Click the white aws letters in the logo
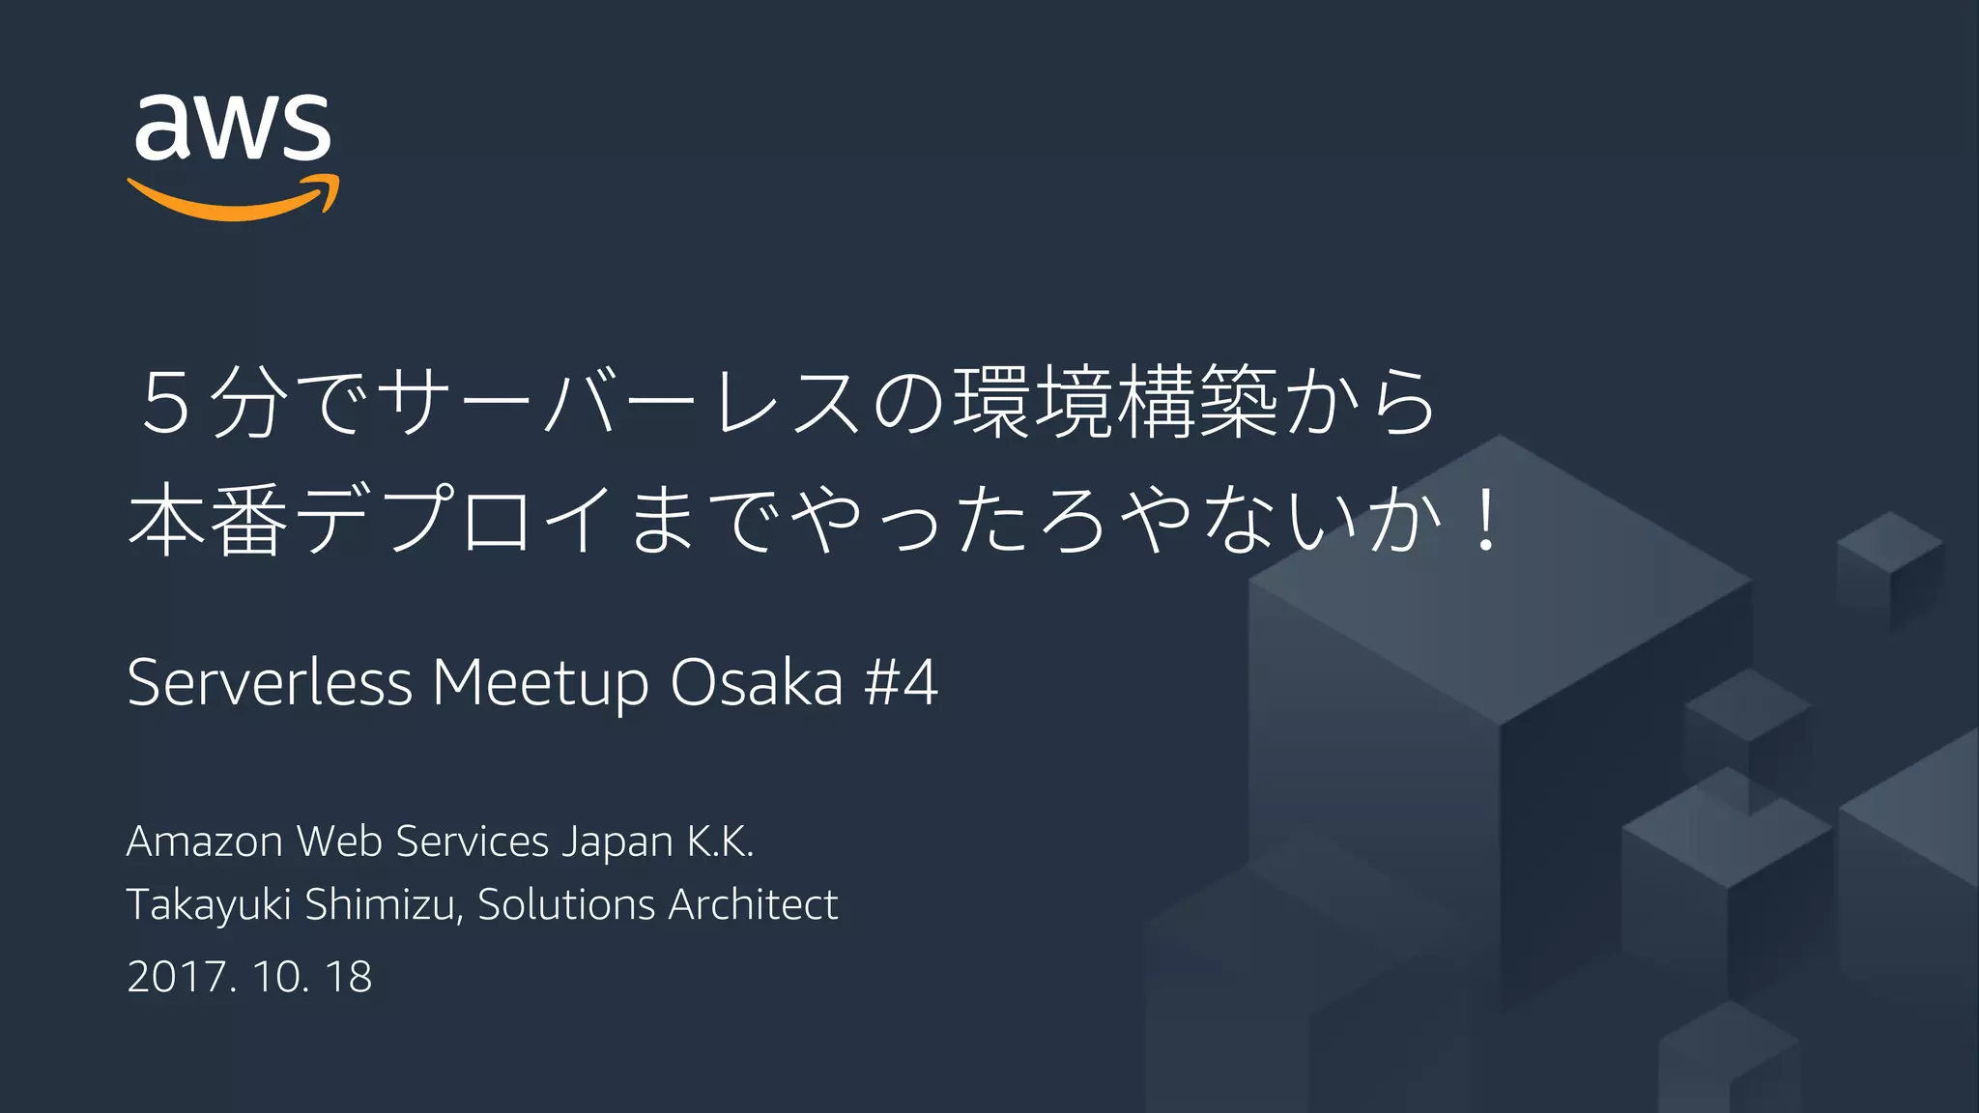coord(233,128)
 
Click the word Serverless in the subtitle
coord(270,683)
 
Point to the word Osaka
coord(757,683)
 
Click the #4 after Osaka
coord(901,683)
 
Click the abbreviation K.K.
coord(720,842)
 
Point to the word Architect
coord(753,905)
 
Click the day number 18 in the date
coord(349,977)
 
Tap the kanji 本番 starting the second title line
coord(209,521)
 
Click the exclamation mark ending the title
coord(1480,522)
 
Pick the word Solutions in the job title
coord(566,905)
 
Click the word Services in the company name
coord(473,842)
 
